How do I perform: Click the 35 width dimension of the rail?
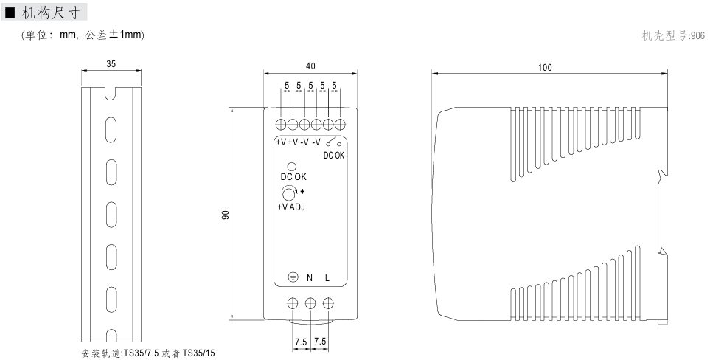point(111,64)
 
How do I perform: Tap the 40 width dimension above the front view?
point(310,66)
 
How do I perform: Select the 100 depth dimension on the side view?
point(545,67)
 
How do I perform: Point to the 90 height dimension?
point(226,214)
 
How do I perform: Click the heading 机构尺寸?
point(51,13)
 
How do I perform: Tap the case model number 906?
point(697,35)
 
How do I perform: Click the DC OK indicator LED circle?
point(292,167)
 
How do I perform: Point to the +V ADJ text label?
point(291,207)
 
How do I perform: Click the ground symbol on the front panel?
point(293,277)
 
